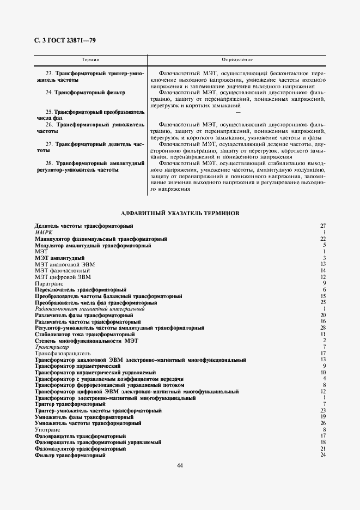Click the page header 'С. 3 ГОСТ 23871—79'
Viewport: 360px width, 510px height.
click(x=65, y=41)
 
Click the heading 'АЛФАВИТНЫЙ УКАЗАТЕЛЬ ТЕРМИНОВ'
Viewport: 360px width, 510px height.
click(x=180, y=213)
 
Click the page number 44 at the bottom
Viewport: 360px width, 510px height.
click(x=180, y=465)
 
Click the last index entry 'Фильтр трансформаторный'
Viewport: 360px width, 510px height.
click(x=70, y=456)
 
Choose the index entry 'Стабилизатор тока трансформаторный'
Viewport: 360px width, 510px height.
click(x=84, y=334)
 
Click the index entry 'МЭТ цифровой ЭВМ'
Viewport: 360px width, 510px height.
click(x=63, y=277)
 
